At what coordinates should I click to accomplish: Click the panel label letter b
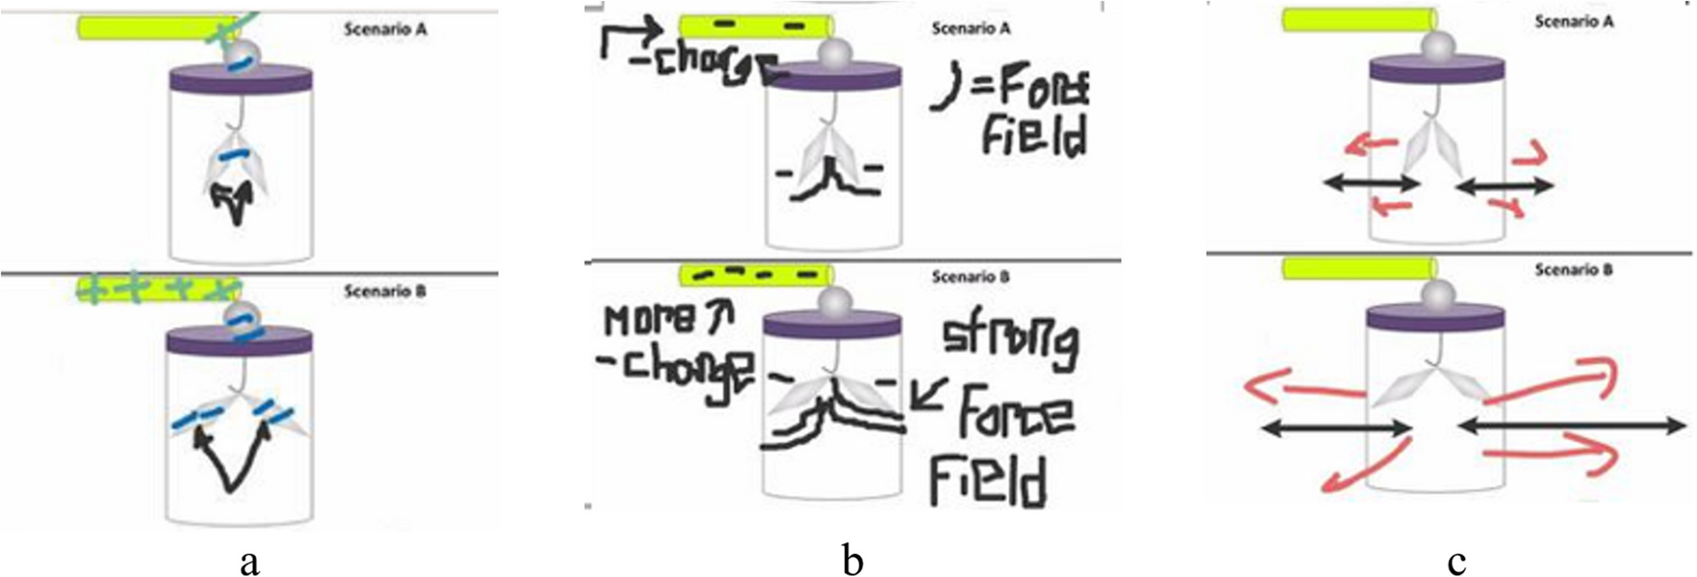852,562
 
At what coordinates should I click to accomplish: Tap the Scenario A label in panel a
385,30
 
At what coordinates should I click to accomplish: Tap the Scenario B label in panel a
384,290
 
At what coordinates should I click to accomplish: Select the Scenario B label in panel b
970,277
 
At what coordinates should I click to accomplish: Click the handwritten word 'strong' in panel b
1010,345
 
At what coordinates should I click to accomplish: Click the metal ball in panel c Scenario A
1438,45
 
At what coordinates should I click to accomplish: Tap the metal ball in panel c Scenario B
1438,296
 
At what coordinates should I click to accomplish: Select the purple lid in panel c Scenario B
1438,321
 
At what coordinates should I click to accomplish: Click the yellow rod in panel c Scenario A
1360,19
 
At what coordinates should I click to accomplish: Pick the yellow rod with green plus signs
158,288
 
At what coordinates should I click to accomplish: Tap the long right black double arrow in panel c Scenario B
1571,427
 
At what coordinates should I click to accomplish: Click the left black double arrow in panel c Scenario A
1372,184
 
